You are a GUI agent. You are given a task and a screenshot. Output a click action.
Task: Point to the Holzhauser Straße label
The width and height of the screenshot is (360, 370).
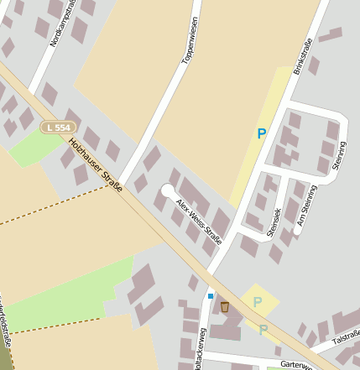(x=96, y=164)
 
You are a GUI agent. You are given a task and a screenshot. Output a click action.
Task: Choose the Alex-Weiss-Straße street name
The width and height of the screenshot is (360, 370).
(x=199, y=219)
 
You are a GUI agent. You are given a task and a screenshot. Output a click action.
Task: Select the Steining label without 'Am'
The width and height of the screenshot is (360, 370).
(x=338, y=155)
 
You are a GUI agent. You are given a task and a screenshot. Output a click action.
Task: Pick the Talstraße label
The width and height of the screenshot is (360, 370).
(x=346, y=337)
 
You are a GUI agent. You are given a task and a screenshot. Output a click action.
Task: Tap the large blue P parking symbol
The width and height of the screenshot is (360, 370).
(x=262, y=133)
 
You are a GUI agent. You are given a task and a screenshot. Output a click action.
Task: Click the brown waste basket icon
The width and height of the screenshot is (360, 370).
(x=224, y=307)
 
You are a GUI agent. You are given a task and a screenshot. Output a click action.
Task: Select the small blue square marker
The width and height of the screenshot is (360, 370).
(x=210, y=296)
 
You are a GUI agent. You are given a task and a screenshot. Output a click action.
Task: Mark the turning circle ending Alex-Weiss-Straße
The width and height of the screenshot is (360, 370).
(x=169, y=192)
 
